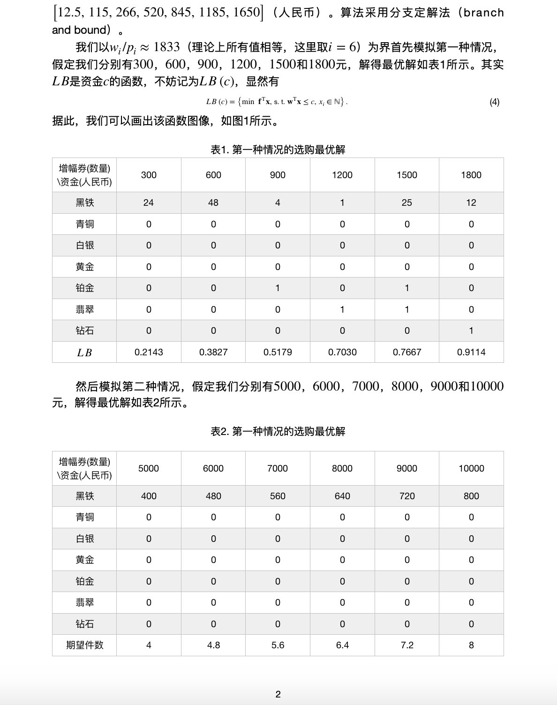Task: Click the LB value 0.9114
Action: pyautogui.click(x=471, y=352)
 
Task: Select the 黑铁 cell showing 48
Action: pyautogui.click(x=213, y=202)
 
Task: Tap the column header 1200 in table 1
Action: pyautogui.click(x=342, y=175)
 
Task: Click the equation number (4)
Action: pyautogui.click(x=494, y=102)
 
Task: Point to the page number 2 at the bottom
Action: pyautogui.click(x=278, y=694)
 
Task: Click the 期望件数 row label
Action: pyautogui.click(x=84, y=645)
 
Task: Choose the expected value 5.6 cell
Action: pyautogui.click(x=278, y=645)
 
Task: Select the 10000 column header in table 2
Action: pyautogui.click(x=471, y=468)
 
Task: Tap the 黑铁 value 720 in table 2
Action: pyautogui.click(x=406, y=496)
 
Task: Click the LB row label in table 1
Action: pyautogui.click(x=84, y=352)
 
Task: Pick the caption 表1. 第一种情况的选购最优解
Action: pyautogui.click(x=278, y=150)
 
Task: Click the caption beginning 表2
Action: pyautogui.click(x=278, y=431)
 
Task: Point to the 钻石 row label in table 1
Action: pyautogui.click(x=84, y=330)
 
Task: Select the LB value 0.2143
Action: pyautogui.click(x=149, y=352)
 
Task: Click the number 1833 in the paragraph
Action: pyautogui.click(x=166, y=47)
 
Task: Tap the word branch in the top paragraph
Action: pyautogui.click(x=483, y=13)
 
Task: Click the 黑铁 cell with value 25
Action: pyautogui.click(x=406, y=202)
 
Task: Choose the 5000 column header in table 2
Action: pyautogui.click(x=149, y=468)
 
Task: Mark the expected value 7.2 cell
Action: pyautogui.click(x=406, y=645)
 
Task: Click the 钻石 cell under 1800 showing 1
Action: pyautogui.click(x=471, y=330)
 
